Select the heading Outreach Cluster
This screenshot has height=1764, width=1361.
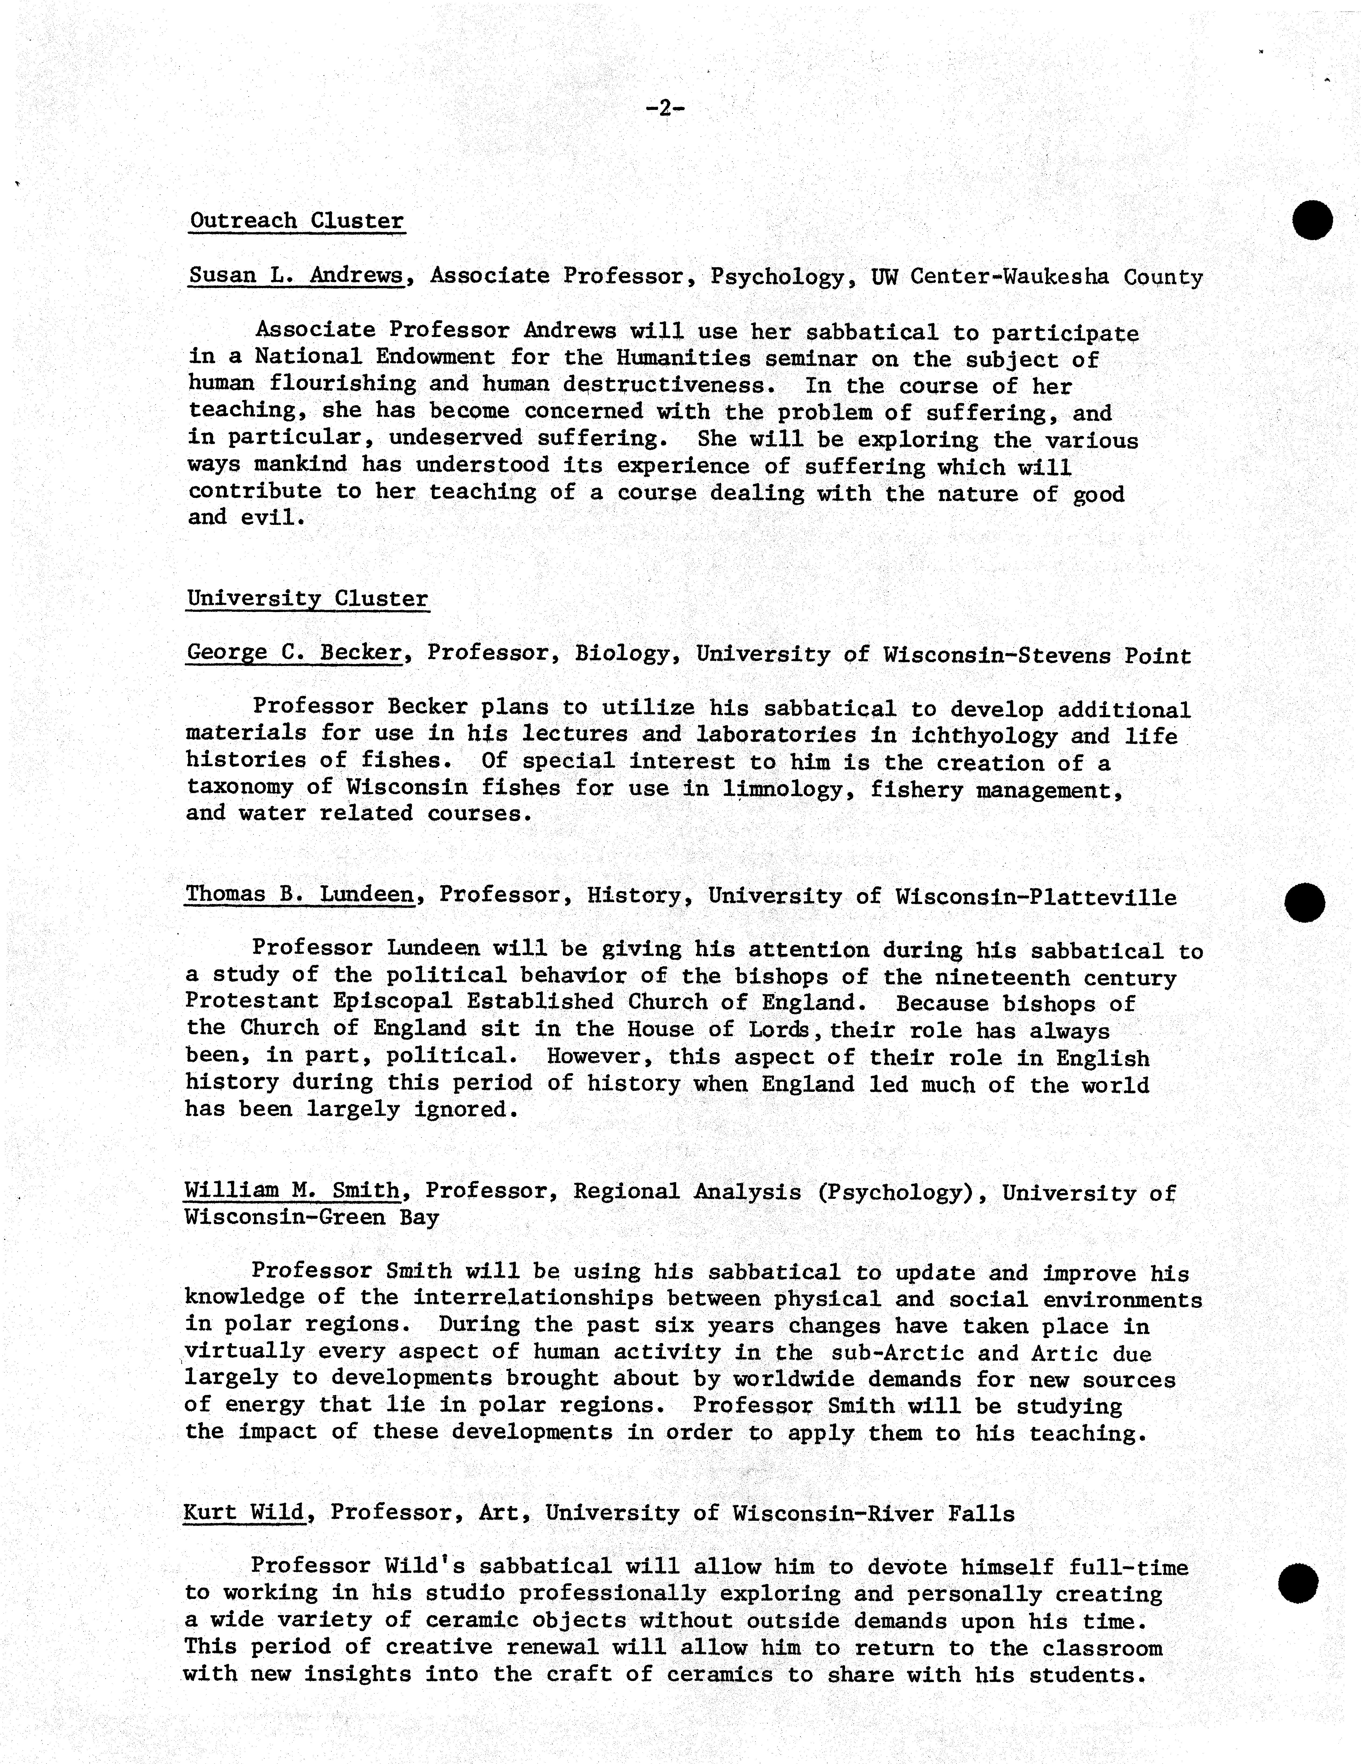click(x=296, y=220)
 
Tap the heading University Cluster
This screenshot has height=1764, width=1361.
click(x=307, y=599)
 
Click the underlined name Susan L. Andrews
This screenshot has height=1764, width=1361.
click(x=296, y=275)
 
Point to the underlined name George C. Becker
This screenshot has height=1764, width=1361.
click(x=294, y=653)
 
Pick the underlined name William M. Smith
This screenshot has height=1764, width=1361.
click(x=291, y=1190)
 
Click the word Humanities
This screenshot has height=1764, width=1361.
click(x=683, y=358)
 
